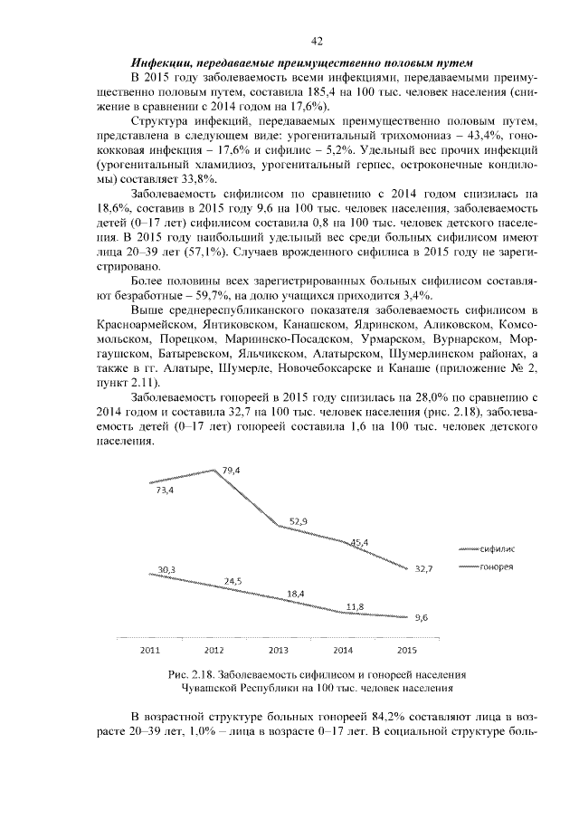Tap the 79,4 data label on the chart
pyautogui.click(x=230, y=471)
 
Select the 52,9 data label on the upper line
pyautogui.click(x=299, y=520)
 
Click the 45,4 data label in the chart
pyautogui.click(x=358, y=543)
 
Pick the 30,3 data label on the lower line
pyautogui.click(x=166, y=569)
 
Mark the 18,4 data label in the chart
pyautogui.click(x=296, y=594)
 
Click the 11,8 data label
pyautogui.click(x=356, y=605)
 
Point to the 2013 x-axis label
pyautogui.click(x=279, y=650)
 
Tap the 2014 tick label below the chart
pyautogui.click(x=343, y=650)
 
